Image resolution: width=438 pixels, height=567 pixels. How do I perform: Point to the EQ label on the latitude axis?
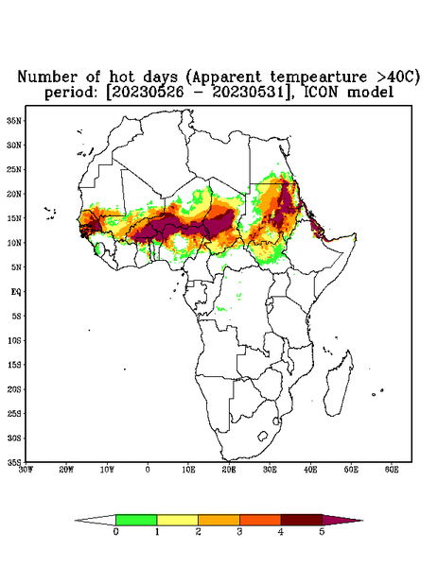16,291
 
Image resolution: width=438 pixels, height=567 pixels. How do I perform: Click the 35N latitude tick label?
14,120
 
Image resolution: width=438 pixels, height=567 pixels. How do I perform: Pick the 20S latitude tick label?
14,389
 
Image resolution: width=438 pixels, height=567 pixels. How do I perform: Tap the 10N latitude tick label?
14,243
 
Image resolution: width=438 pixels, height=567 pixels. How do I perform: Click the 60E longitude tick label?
392,470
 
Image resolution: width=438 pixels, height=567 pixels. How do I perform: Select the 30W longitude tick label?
26,470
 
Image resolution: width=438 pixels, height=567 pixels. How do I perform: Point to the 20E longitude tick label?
229,470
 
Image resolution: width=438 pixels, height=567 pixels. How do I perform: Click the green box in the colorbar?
136,520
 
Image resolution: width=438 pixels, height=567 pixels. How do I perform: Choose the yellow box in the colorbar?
177,520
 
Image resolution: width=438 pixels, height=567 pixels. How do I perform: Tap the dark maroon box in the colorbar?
302,520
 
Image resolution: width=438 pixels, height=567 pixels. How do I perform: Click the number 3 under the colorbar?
239,532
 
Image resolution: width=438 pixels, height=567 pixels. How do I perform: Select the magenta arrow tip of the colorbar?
362,521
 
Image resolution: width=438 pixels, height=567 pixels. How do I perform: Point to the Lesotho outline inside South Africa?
262,436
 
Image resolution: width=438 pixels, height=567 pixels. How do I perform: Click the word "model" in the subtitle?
370,93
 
